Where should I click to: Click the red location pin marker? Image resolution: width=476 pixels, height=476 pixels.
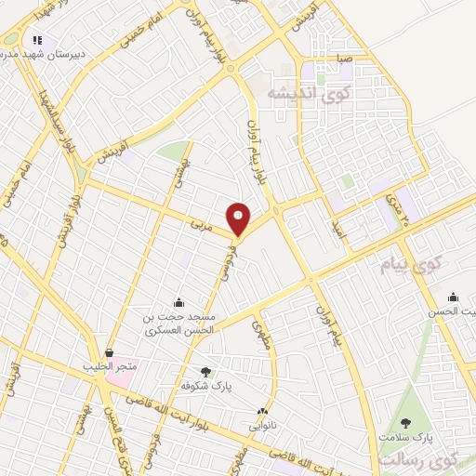click(x=240, y=218)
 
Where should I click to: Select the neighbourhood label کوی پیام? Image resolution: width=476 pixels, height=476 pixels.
click(x=408, y=268)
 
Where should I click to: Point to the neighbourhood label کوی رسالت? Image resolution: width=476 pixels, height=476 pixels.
click(x=433, y=459)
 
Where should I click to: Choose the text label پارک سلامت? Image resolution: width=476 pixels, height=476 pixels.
click(x=405, y=435)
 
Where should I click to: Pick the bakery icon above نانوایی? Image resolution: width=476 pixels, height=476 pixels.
click(x=263, y=411)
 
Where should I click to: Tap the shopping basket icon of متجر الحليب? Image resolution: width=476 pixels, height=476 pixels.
click(x=111, y=353)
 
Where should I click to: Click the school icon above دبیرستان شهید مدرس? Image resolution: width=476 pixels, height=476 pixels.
click(x=37, y=40)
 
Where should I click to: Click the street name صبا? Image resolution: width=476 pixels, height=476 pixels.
click(x=345, y=57)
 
